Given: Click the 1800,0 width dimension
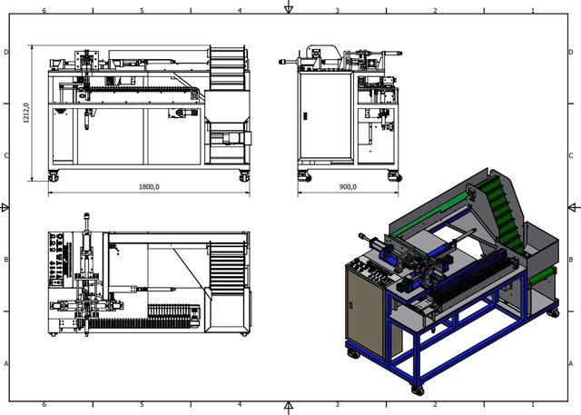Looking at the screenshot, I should point(149,187).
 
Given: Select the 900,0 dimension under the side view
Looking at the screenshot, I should point(348,187).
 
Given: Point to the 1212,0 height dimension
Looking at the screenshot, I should point(27,113).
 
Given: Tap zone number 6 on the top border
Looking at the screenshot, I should point(44,11).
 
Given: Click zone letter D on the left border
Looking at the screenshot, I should point(7,52).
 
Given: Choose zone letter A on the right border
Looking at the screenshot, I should point(571,363).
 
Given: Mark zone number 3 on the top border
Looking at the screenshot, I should point(337,11).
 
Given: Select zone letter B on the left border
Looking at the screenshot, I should point(7,260).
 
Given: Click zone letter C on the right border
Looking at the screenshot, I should point(571,155).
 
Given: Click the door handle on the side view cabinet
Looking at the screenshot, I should point(305,116).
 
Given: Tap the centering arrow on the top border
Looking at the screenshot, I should point(289,9).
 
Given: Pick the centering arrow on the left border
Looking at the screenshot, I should point(6,207).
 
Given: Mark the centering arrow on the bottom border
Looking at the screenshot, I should point(289,405).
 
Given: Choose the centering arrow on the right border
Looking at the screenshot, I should point(573,207).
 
